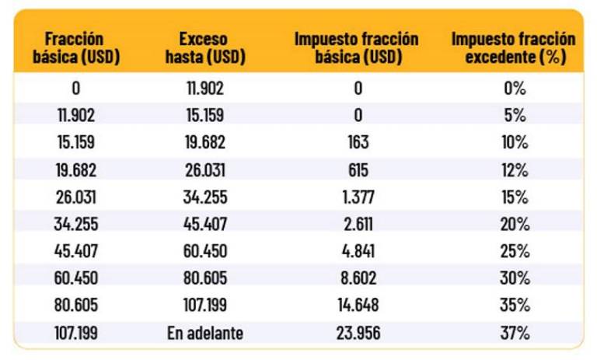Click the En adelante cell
tap(205, 333)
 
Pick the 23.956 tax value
tap(358, 333)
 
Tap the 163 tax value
tap(358, 142)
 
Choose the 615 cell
tap(358, 170)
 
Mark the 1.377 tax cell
tap(358, 197)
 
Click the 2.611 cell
tap(358, 224)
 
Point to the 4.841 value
tap(358, 251)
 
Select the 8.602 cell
tap(358, 278)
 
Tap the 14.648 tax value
tap(358, 306)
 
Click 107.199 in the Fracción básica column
tap(75, 333)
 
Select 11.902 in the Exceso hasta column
tap(205, 88)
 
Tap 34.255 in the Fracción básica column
tap(75, 224)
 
